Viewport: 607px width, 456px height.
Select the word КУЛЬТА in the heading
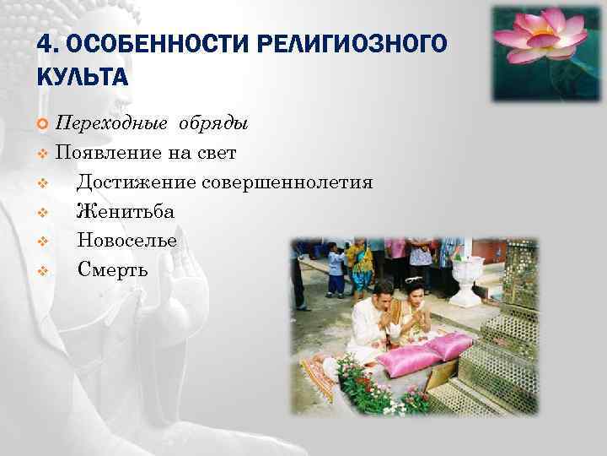point(82,78)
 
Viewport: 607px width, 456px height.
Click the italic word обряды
point(212,125)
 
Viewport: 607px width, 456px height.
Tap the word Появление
point(108,154)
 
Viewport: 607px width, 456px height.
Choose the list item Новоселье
point(127,240)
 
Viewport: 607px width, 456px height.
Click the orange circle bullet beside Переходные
point(43,125)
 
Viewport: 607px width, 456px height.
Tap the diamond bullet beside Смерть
point(43,271)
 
